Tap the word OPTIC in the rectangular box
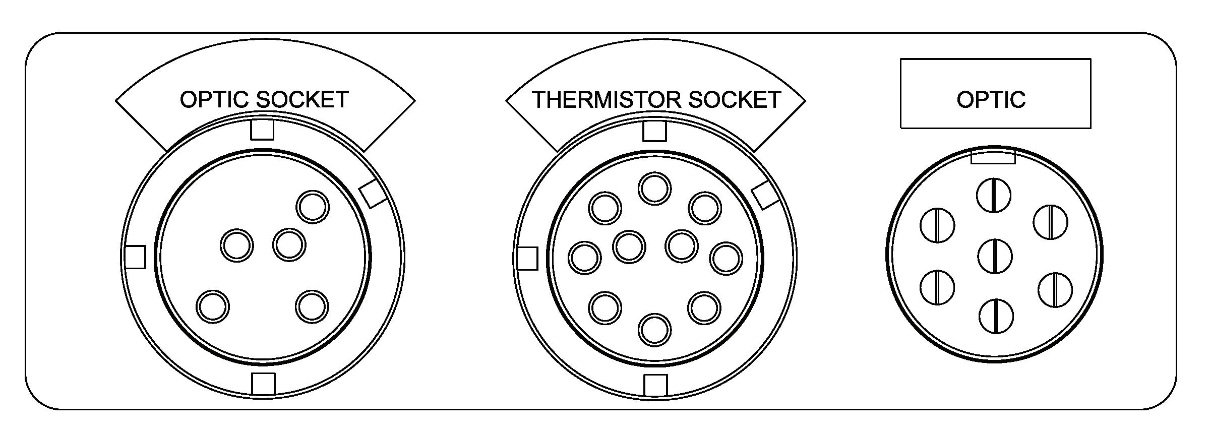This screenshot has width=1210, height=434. tap(991, 100)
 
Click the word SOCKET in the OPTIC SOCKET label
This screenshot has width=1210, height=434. tap(302, 99)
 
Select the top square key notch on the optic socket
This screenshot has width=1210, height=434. tap(262, 130)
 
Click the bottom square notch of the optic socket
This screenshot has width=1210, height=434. tap(264, 384)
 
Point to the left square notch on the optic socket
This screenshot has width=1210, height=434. tap(135, 257)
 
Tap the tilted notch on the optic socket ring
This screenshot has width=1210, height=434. tap(374, 194)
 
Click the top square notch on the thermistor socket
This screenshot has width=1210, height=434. tap(654, 131)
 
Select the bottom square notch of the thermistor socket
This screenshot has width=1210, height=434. tap(655, 385)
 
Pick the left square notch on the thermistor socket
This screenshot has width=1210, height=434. tap(527, 259)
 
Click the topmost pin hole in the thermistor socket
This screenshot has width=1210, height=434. tap(654, 189)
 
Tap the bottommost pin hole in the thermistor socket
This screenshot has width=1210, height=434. tap(655, 330)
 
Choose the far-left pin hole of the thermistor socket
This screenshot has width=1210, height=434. tap(585, 258)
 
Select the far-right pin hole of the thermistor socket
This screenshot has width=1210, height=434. tap(726, 258)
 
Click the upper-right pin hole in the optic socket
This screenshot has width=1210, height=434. tap(313, 207)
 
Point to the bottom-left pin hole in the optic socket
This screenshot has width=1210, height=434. tap(212, 306)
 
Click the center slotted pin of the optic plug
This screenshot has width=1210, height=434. tap(995, 256)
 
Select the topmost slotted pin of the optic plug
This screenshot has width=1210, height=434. tap(994, 196)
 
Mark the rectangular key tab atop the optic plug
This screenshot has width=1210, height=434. tap(993, 157)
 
